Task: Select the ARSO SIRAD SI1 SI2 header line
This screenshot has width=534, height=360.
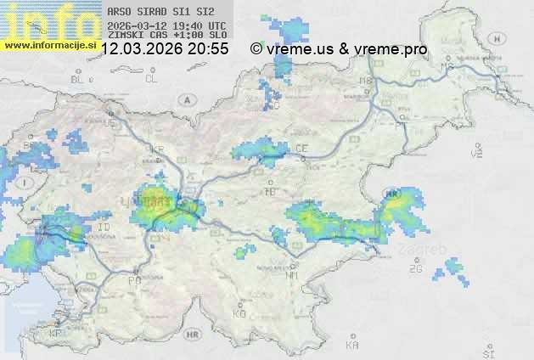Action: (155, 13)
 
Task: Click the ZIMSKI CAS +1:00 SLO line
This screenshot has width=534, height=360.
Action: (166, 37)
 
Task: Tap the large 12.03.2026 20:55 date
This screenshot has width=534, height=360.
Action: (165, 49)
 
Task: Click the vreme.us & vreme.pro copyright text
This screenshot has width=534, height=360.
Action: (339, 49)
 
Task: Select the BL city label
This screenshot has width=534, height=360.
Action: (78, 79)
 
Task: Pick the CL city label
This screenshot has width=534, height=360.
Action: (151, 79)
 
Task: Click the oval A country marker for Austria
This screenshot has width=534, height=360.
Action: (185, 99)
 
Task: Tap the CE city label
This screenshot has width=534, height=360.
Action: (301, 149)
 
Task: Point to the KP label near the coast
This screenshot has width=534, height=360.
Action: (56, 334)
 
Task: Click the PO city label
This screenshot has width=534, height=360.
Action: (133, 280)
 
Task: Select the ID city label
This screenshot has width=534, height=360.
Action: (104, 228)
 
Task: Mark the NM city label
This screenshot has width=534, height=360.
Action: (292, 275)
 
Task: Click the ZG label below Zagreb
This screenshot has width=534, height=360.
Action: (415, 269)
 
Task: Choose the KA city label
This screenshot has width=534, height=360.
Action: (351, 346)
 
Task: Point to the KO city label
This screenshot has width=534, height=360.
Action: (239, 314)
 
